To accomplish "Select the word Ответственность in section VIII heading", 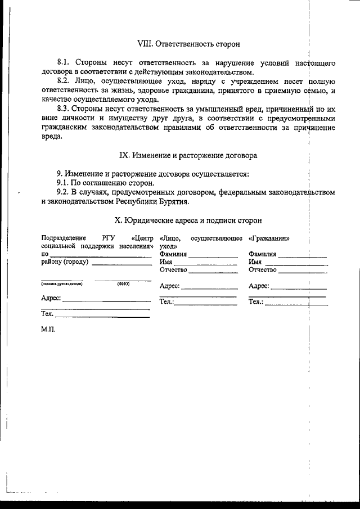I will tap(181, 43).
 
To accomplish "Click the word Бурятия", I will tap(173, 201).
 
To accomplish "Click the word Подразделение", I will tap(64, 238).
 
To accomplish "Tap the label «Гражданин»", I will tap(269, 238).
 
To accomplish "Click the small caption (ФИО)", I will tap(123, 284).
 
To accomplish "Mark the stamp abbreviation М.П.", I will tap(48, 330).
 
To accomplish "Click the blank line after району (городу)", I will tap(121, 263).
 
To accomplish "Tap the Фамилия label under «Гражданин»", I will tap(262, 254).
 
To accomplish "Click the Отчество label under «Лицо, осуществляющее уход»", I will tap(173, 270).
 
